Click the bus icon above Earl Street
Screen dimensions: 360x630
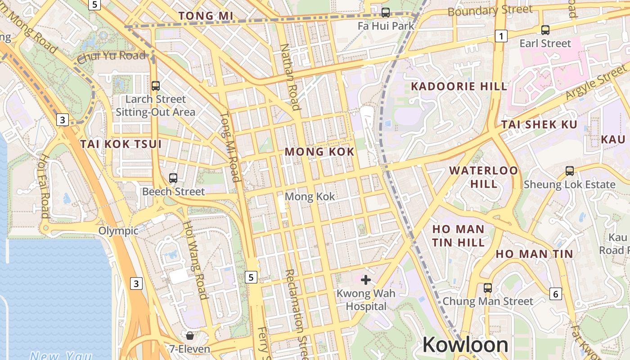coord(545,30)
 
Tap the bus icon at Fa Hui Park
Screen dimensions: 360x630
coord(386,13)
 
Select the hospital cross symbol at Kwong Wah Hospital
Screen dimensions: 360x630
coord(366,280)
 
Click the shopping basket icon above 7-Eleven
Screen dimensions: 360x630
coord(190,335)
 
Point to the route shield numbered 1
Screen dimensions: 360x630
coord(501,36)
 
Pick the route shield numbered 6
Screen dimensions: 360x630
coord(556,294)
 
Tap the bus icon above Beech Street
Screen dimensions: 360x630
coord(173,178)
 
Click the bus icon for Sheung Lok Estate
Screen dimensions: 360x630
coord(570,171)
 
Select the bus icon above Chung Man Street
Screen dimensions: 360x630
coord(488,288)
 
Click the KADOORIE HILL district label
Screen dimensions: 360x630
coord(459,86)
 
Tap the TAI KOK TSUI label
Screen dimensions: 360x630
coord(121,144)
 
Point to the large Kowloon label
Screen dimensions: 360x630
coord(465,345)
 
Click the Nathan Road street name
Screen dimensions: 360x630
coord(289,76)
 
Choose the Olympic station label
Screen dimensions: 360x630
coord(119,231)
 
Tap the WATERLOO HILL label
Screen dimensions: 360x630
coord(484,177)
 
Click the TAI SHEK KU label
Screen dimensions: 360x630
coord(539,125)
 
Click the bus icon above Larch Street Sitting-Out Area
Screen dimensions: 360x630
coord(156,85)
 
